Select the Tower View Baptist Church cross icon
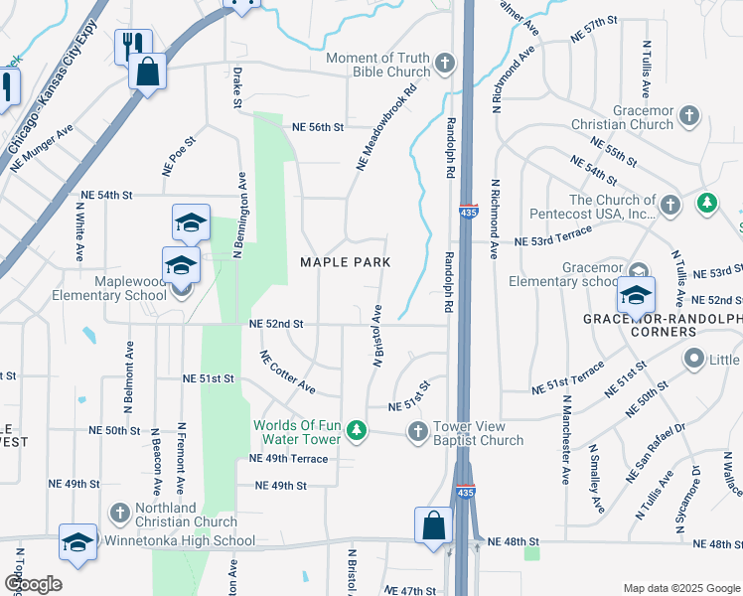coord(417,432)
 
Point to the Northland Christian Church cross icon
coord(119,514)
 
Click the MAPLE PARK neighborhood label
coord(346,262)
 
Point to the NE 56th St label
coord(317,127)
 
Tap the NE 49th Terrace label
coord(288,458)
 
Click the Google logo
coord(33,583)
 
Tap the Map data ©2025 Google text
coord(680,588)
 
